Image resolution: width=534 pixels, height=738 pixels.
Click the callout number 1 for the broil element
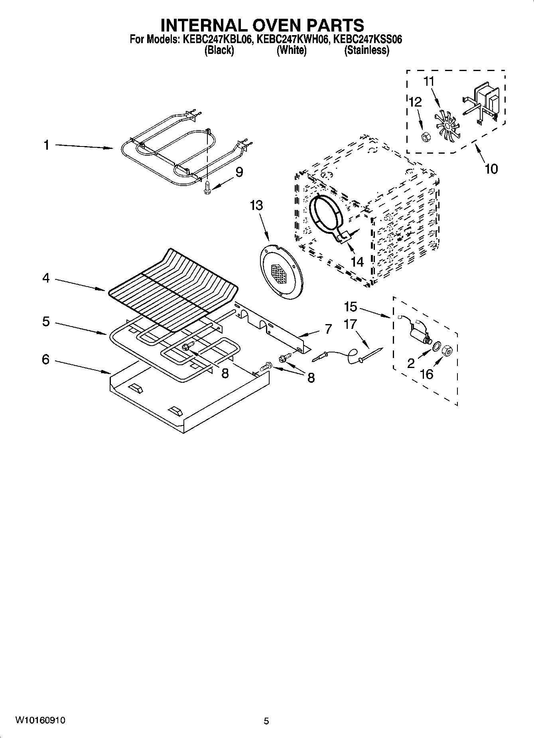(x=47, y=145)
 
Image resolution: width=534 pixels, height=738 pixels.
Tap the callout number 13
(x=256, y=206)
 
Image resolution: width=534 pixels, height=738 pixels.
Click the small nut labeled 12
(x=425, y=138)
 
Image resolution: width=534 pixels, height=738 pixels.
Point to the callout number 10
(x=491, y=169)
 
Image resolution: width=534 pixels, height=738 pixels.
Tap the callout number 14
(x=357, y=262)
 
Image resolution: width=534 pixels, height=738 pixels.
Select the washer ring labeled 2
(x=436, y=345)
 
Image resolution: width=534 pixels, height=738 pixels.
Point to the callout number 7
(x=328, y=329)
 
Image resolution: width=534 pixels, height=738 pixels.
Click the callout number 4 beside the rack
(x=46, y=278)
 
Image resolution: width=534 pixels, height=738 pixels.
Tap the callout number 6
(x=46, y=360)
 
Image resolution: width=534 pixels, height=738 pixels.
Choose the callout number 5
(x=46, y=321)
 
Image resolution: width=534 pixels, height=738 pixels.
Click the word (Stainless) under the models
(x=367, y=50)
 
